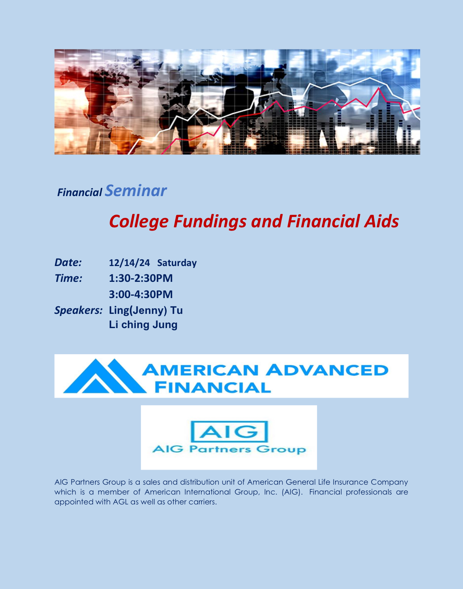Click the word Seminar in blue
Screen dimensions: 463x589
[136, 191]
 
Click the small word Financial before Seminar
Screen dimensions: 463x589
[80, 193]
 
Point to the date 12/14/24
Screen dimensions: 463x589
[129, 263]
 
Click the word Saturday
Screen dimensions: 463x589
[177, 263]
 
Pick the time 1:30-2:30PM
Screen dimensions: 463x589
[141, 278]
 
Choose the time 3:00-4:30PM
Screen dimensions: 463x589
[141, 294]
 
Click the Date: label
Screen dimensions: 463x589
[68, 262]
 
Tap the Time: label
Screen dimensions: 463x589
[68, 278]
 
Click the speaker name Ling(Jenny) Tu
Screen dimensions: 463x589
[146, 311]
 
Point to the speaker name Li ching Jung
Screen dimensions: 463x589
[143, 325]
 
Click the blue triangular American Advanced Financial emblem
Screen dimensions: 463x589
[105, 376]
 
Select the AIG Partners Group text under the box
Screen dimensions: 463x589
[229, 449]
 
